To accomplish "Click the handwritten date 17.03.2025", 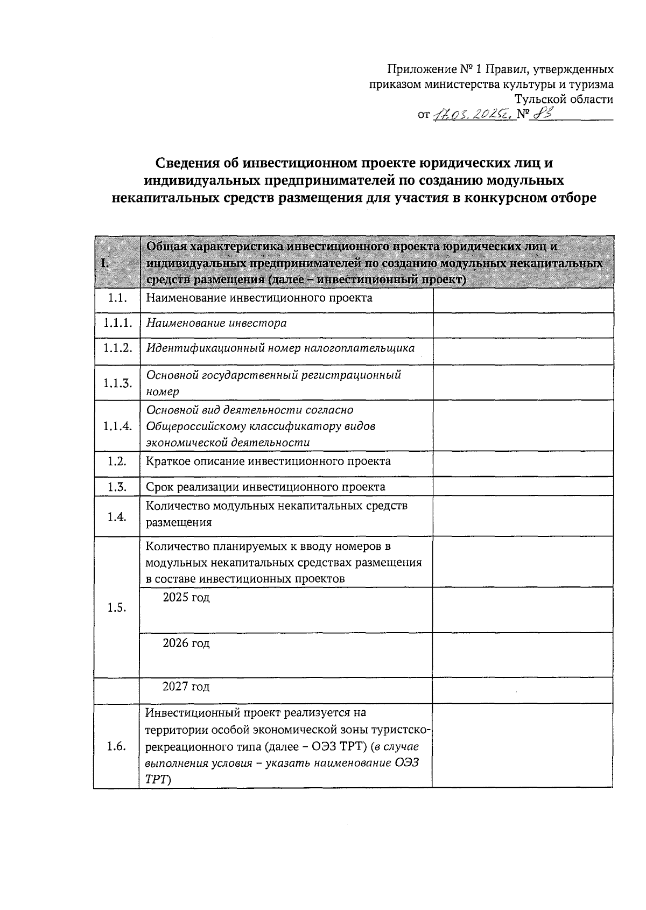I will click(x=473, y=114).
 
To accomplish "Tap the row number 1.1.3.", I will click(x=117, y=383).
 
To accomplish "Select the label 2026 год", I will click(x=186, y=643).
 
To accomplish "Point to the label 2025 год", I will click(x=186, y=598).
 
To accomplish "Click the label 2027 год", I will click(x=186, y=687).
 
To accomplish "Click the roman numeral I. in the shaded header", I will click(x=105, y=263).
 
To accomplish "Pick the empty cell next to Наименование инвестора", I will click(x=523, y=325).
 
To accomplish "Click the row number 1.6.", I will click(x=116, y=746).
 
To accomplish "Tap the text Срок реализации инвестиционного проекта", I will click(x=266, y=487).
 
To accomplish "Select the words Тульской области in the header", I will click(x=564, y=99).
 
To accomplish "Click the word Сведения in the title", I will click(x=189, y=163).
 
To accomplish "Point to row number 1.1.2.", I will click(x=117, y=348).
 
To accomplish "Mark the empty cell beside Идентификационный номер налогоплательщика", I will click(x=523, y=351).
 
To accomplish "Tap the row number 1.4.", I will click(x=116, y=516).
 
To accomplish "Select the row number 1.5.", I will click(x=116, y=607).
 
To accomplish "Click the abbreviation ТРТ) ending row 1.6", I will click(x=157, y=779).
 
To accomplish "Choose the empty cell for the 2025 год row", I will click(x=523, y=610).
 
